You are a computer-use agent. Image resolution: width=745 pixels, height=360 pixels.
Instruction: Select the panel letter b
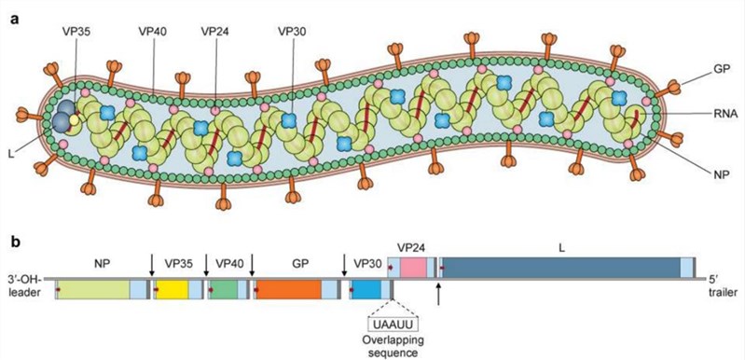click(13, 240)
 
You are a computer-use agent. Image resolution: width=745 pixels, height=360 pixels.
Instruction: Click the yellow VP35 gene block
click(172, 290)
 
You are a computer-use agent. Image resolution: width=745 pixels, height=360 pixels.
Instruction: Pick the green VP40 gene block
click(223, 290)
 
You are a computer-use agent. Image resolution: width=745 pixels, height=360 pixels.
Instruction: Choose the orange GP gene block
click(287, 290)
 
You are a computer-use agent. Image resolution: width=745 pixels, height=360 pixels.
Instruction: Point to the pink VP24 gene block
click(414, 269)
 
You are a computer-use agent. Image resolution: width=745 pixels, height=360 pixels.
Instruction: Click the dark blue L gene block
click(559, 269)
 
